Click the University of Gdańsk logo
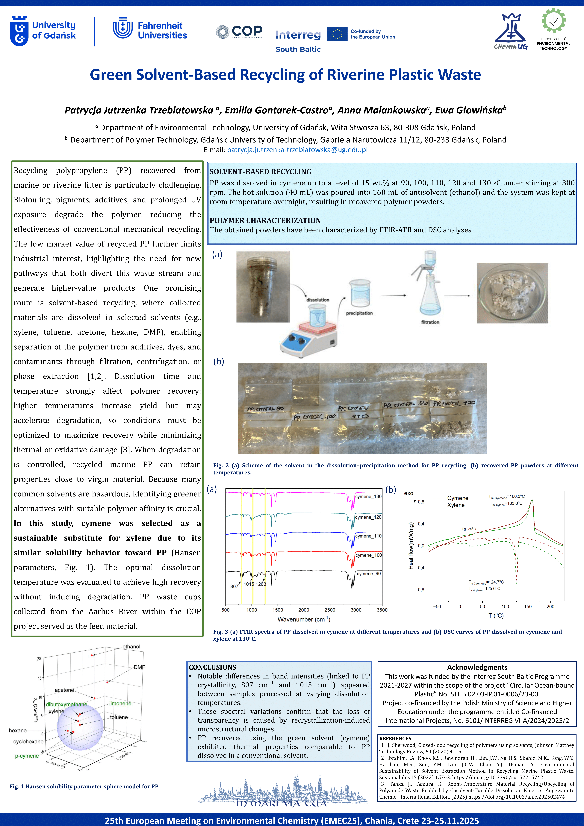(x=43, y=31)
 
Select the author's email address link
(x=297, y=150)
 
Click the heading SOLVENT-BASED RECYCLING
(x=260, y=172)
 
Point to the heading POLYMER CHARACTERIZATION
(x=265, y=220)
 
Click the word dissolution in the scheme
(x=318, y=300)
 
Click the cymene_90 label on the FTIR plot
(x=369, y=573)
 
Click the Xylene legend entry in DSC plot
(x=456, y=505)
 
